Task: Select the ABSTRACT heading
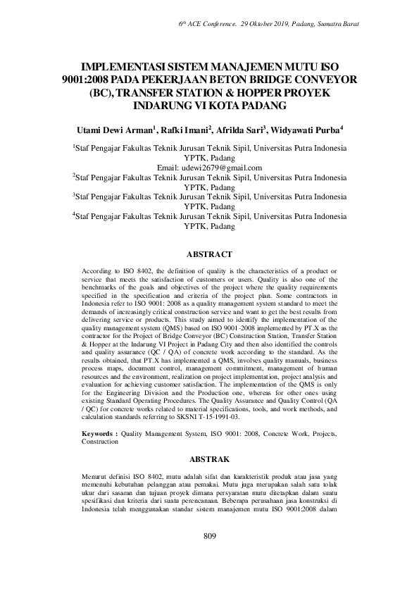pyautogui.click(x=209, y=253)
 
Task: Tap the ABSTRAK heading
pyautogui.click(x=209, y=458)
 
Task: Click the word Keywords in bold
pyautogui.click(x=99, y=435)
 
